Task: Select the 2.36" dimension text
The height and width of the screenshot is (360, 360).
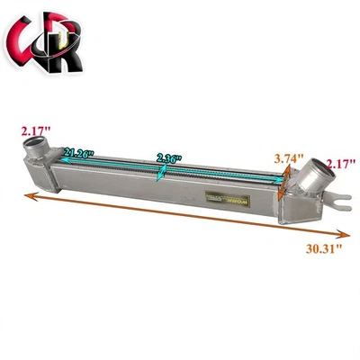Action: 168,157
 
